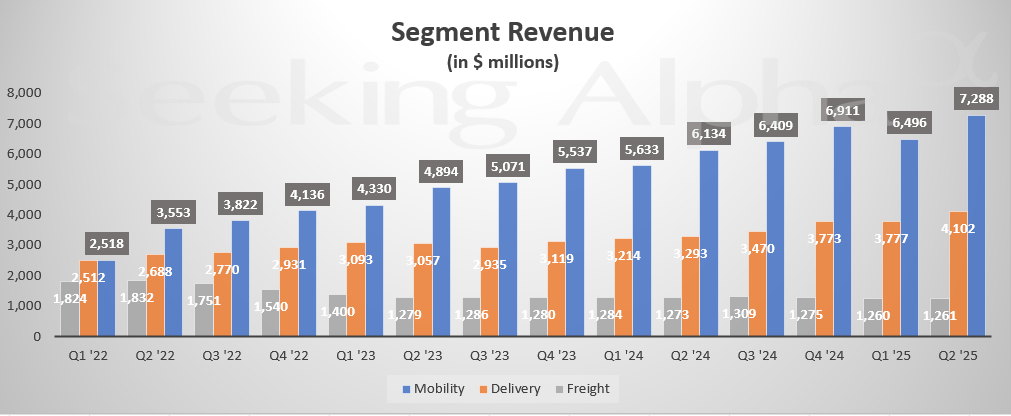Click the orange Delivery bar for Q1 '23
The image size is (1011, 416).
pos(356,289)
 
